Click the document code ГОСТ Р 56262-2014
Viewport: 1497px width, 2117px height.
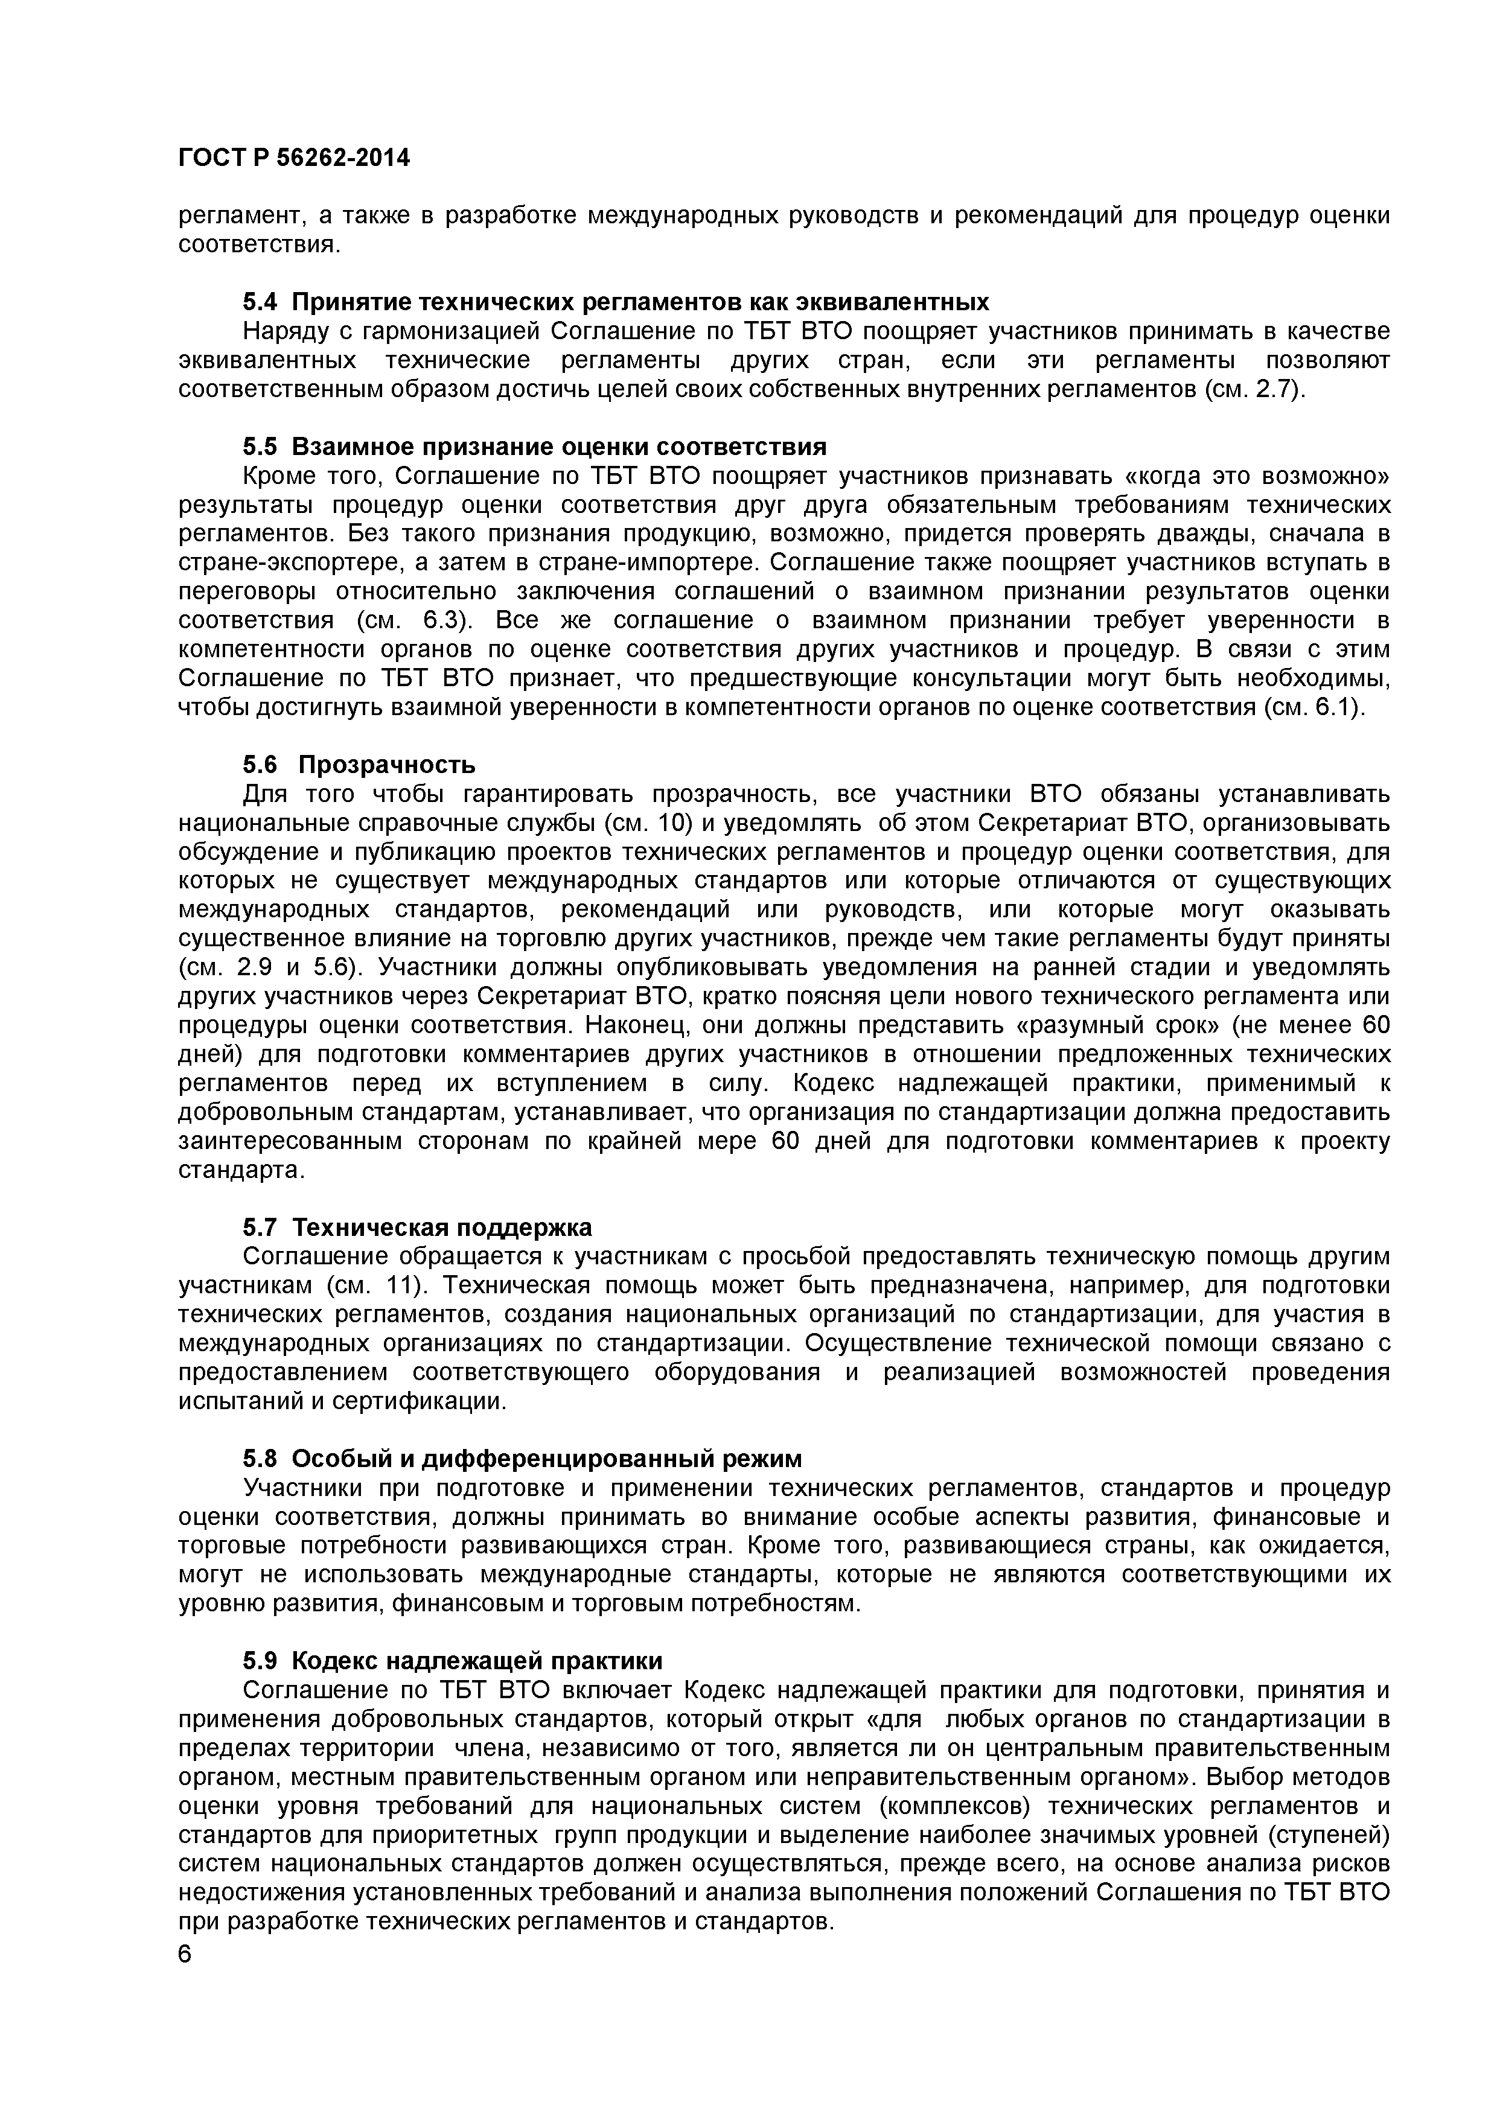[x=293, y=159]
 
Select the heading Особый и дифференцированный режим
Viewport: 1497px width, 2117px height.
[x=547, y=1459]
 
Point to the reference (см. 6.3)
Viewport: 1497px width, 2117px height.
[x=421, y=620]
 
